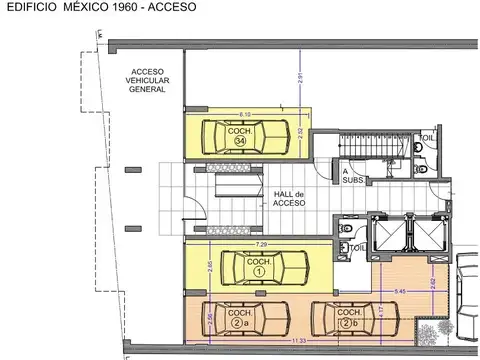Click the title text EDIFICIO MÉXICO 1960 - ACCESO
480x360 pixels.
(101, 8)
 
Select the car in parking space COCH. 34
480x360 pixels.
(239, 135)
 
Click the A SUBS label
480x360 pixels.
(354, 175)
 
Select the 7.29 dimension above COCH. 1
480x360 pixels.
(261, 244)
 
